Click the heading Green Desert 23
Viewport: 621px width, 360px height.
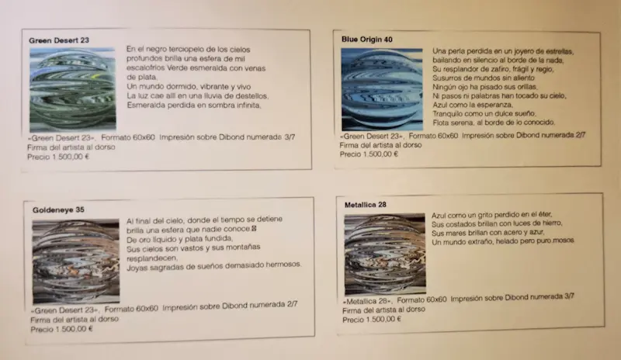coord(59,40)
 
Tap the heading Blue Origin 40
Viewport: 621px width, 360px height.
coord(366,40)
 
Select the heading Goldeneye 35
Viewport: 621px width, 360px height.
coord(58,210)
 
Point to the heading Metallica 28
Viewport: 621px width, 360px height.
coord(365,205)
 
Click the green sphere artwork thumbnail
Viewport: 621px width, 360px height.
coord(72,90)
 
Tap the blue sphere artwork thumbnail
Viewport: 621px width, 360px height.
coord(382,89)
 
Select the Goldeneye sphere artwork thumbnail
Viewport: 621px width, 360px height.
coord(75,261)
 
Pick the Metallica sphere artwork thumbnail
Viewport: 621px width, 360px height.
coord(385,254)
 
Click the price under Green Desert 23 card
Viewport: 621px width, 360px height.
coord(58,157)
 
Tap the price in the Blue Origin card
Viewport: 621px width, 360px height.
coord(369,154)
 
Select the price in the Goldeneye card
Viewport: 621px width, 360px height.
coord(62,329)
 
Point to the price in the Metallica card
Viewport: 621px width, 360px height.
coord(372,319)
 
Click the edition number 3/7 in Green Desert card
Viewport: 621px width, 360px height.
coord(290,137)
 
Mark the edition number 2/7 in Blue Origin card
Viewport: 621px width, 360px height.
coord(580,135)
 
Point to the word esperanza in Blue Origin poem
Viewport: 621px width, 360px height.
coord(496,105)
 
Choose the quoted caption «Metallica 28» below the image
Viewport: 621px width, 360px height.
coord(367,301)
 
